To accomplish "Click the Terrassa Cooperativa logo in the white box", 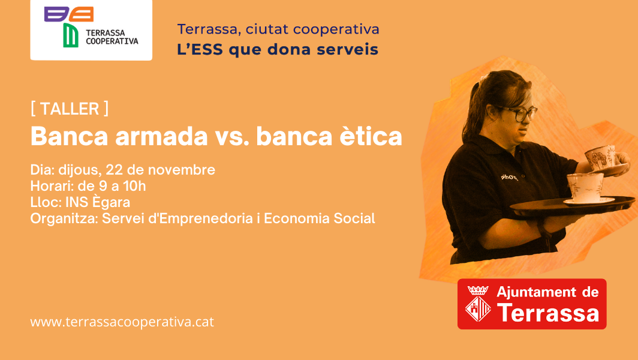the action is tap(91, 27).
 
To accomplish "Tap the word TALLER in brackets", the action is tap(70, 109).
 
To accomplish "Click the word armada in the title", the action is tap(161, 136).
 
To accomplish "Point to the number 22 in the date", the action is tap(115, 170).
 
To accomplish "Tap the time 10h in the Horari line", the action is tap(134, 186).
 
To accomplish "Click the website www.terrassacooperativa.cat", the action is tap(122, 322).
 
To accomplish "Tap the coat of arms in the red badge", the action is tap(478, 304).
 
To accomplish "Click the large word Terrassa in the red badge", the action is tap(547, 313).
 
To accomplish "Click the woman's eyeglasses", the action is tap(519, 113).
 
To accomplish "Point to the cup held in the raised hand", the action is tap(600, 157).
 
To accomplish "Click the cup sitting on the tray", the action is tap(585, 187).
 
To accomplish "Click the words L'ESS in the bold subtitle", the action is tap(200, 50).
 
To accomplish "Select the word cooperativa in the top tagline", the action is tap(336, 30).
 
